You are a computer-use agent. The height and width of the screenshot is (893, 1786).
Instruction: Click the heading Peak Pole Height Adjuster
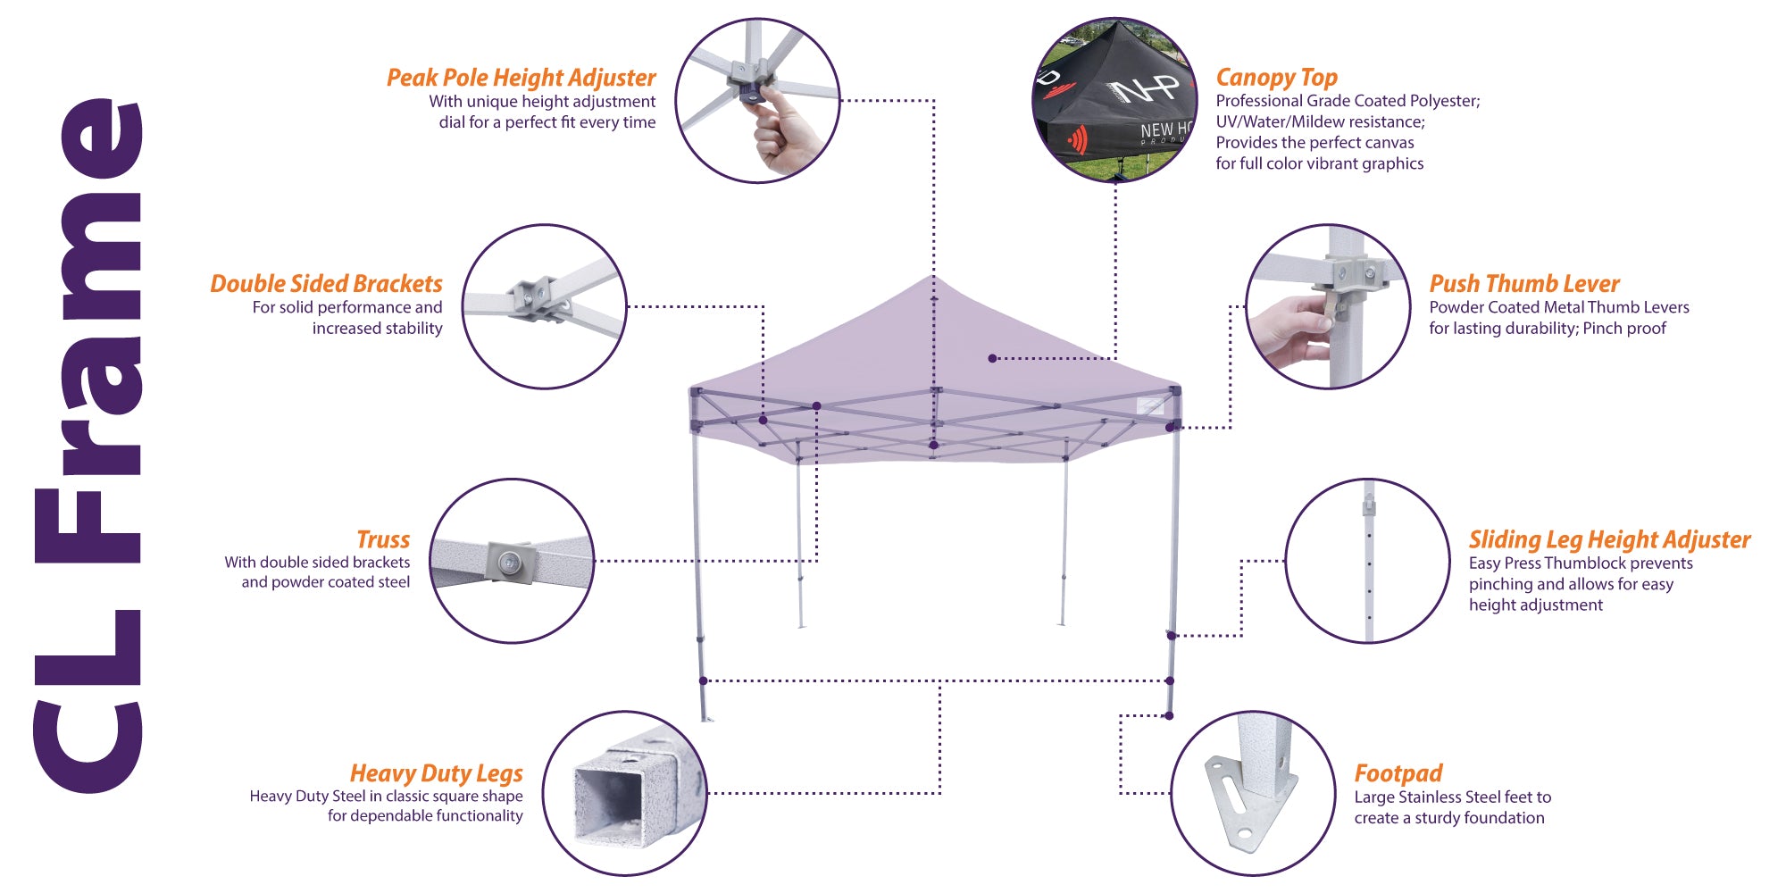click(521, 78)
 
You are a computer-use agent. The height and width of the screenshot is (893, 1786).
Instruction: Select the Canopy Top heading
click(1276, 78)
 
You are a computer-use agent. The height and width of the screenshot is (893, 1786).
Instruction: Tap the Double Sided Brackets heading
click(326, 284)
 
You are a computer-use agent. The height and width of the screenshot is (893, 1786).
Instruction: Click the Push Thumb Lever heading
click(1523, 284)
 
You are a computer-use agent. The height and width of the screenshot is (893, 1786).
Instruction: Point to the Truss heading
click(383, 539)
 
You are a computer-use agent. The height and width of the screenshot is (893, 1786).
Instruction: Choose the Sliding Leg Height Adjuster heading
click(1609, 539)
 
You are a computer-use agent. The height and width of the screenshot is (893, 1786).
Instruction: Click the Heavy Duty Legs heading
click(436, 773)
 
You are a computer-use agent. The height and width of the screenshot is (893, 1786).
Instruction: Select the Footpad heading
click(1398, 773)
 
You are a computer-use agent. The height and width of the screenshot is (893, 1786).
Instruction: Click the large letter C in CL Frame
click(89, 737)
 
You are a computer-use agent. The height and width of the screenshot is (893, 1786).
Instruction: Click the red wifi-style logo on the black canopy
click(1079, 139)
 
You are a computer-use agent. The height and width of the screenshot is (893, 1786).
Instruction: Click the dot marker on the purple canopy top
click(992, 358)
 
